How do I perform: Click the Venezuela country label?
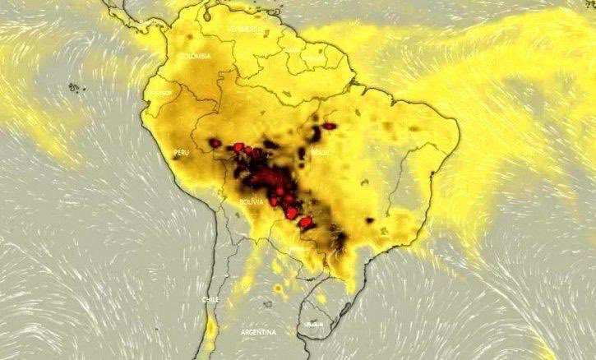coord(247,29)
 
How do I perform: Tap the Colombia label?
coord(196,57)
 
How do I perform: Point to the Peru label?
coord(181,153)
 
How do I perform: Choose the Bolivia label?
coord(251,201)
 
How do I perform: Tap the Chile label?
coord(210,300)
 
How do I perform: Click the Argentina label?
coord(258,332)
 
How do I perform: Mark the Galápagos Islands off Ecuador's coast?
coord(74,86)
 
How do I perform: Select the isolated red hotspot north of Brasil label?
coord(330,126)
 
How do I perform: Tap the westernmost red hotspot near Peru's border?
coord(215,143)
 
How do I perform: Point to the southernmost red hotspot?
coord(305,222)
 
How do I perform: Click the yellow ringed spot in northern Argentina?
coord(279,288)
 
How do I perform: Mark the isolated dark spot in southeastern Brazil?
coord(370,220)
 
